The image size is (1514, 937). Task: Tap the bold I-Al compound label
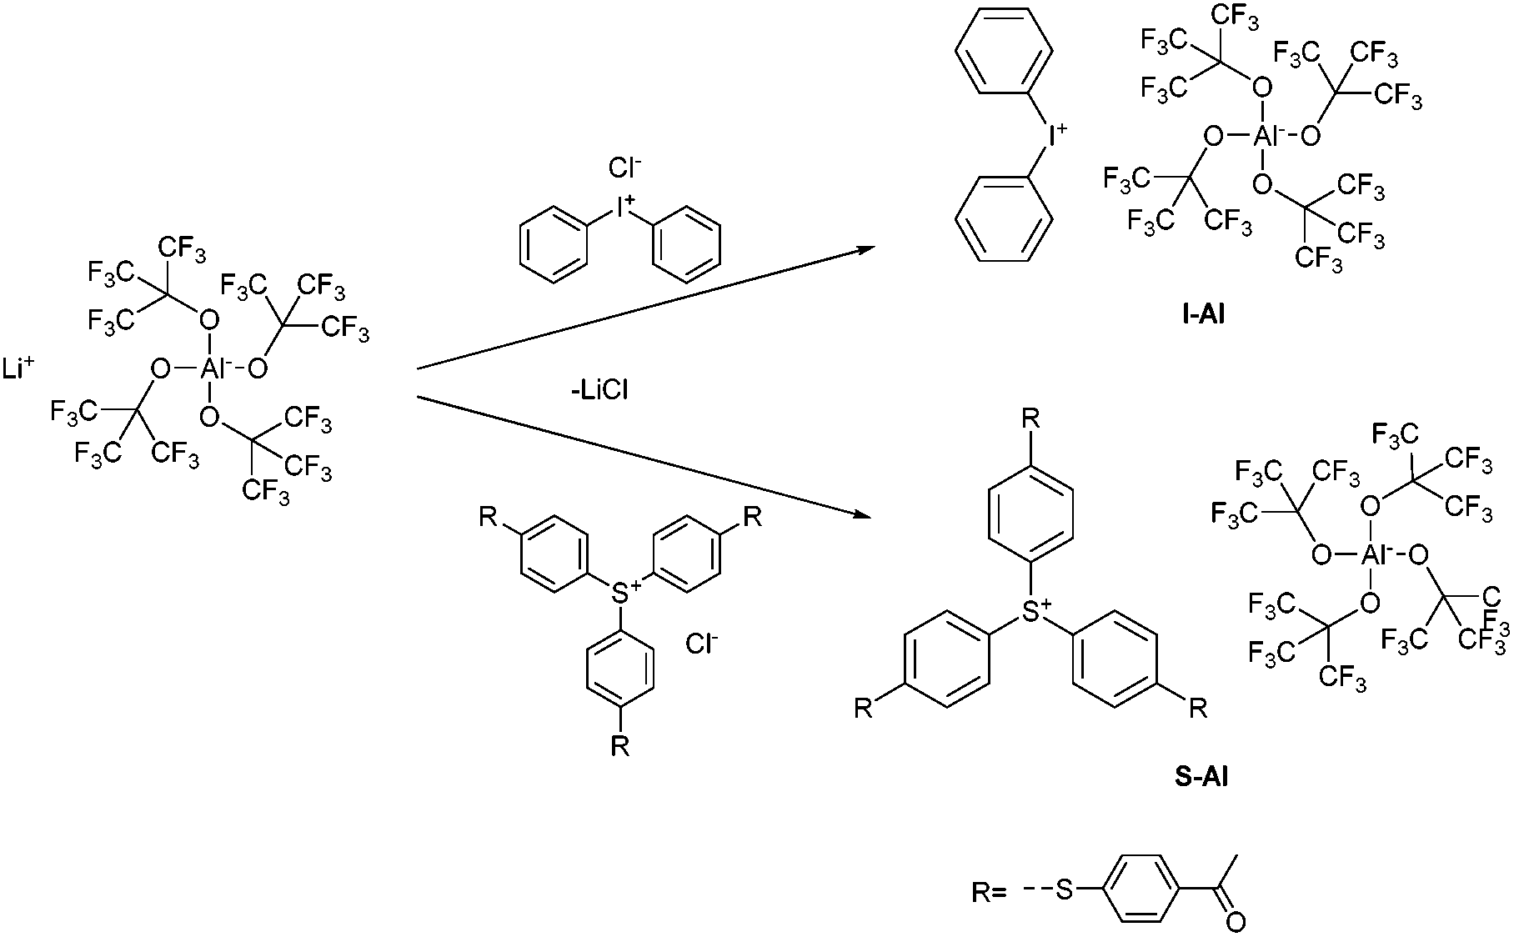click(x=1197, y=314)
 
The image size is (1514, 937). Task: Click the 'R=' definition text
click(x=990, y=893)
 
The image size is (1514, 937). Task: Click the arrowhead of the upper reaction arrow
click(x=867, y=249)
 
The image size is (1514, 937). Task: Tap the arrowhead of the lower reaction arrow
click(x=864, y=517)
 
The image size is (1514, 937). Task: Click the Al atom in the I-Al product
click(x=1264, y=135)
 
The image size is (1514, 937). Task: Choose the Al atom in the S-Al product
click(x=1371, y=554)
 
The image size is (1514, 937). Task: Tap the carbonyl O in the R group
click(x=1236, y=922)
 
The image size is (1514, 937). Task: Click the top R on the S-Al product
click(x=1031, y=418)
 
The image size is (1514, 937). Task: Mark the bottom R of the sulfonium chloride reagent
click(x=619, y=744)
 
